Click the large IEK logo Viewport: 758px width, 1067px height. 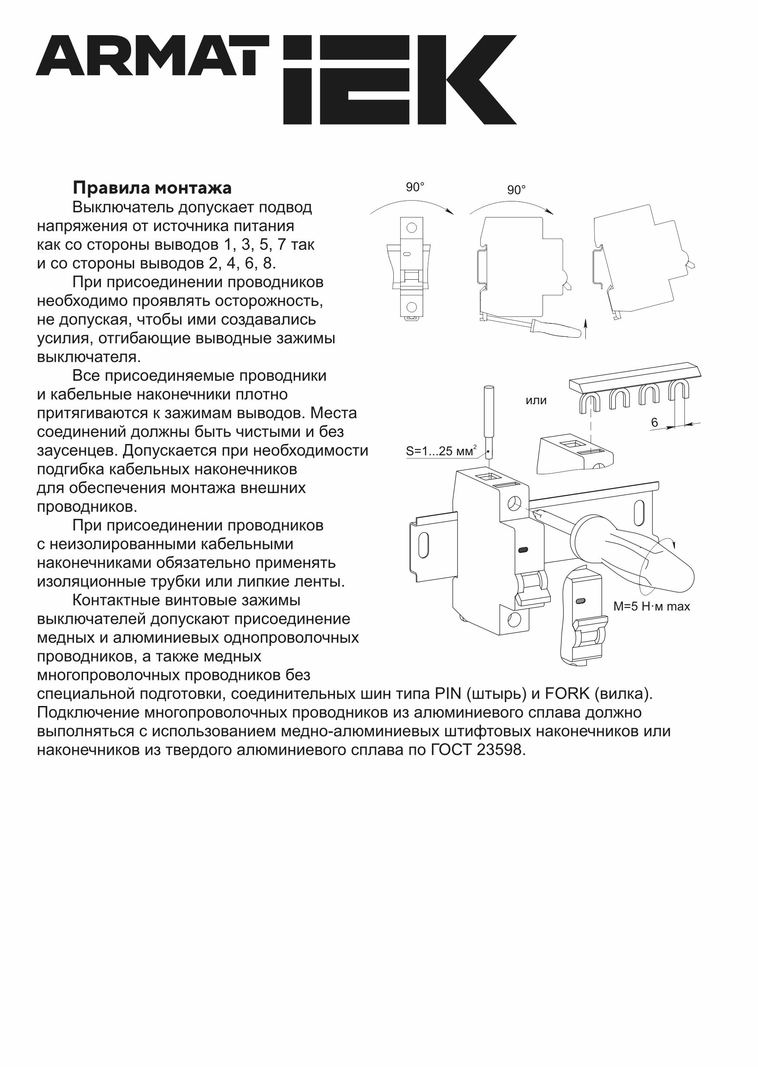click(399, 80)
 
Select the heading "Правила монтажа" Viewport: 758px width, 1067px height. click(152, 188)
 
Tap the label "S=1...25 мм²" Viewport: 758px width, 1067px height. click(441, 451)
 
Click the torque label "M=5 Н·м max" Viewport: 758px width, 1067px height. click(651, 606)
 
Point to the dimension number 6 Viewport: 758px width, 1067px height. click(655, 422)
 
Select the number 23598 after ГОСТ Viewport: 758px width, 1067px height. click(501, 751)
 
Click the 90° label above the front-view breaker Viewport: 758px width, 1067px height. click(415, 187)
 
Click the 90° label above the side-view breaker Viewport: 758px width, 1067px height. click(516, 190)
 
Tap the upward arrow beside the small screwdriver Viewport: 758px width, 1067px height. click(587, 328)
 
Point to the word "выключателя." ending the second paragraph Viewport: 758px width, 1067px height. click(89, 357)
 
